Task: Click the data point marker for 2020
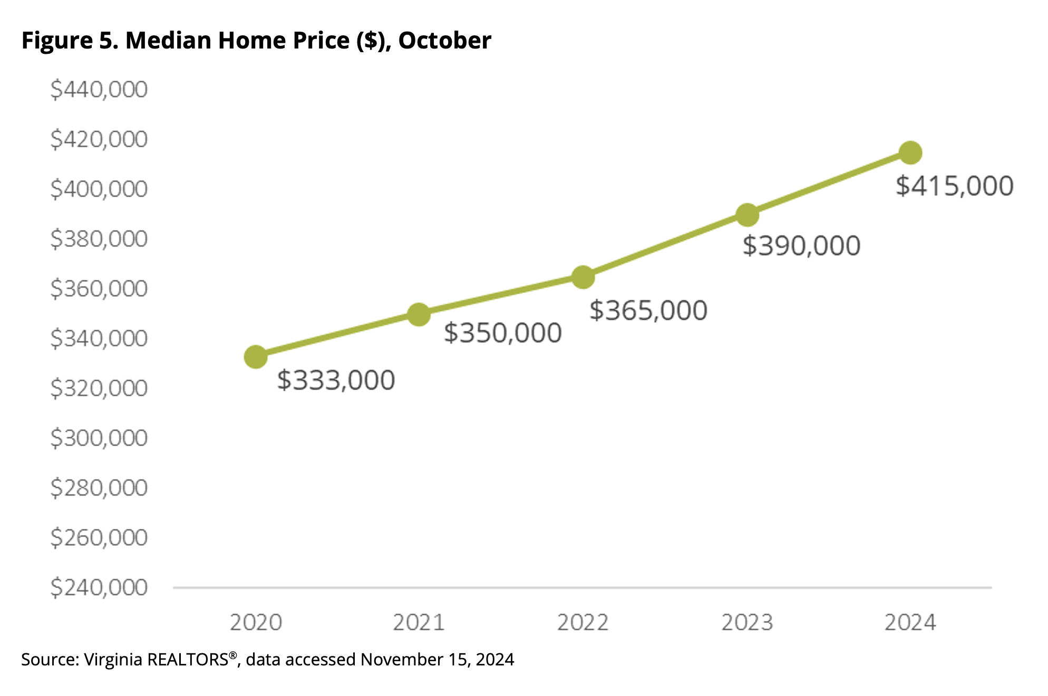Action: click(x=256, y=357)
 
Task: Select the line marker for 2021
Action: click(x=419, y=314)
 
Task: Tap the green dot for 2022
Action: click(x=583, y=277)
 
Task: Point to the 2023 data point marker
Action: click(x=747, y=215)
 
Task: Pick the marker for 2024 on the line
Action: click(x=910, y=153)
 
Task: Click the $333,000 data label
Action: click(x=336, y=380)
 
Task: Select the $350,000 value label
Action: click(x=502, y=333)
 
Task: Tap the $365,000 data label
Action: click(x=648, y=311)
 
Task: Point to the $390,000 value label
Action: click(x=801, y=246)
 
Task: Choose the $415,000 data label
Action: click(x=954, y=186)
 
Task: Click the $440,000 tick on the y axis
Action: click(x=99, y=90)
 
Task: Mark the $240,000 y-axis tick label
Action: click(x=99, y=587)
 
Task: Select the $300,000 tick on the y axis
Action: click(x=99, y=438)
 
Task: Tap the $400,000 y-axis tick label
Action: click(x=99, y=189)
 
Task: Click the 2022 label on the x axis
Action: click(x=583, y=623)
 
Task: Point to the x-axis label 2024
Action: click(x=910, y=623)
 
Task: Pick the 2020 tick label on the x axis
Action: click(x=256, y=623)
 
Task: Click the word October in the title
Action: click(x=444, y=41)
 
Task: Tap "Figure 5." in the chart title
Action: click(x=70, y=41)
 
